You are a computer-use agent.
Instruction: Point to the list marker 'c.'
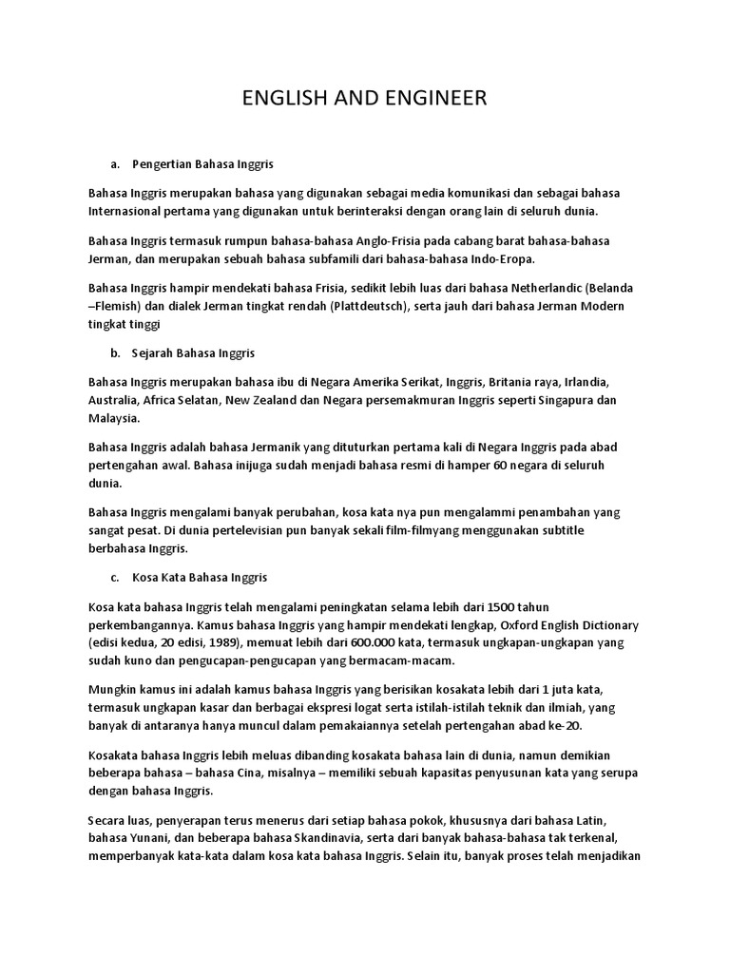(116, 577)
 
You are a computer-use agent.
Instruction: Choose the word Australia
(113, 400)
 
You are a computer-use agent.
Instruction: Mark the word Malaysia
(113, 418)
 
